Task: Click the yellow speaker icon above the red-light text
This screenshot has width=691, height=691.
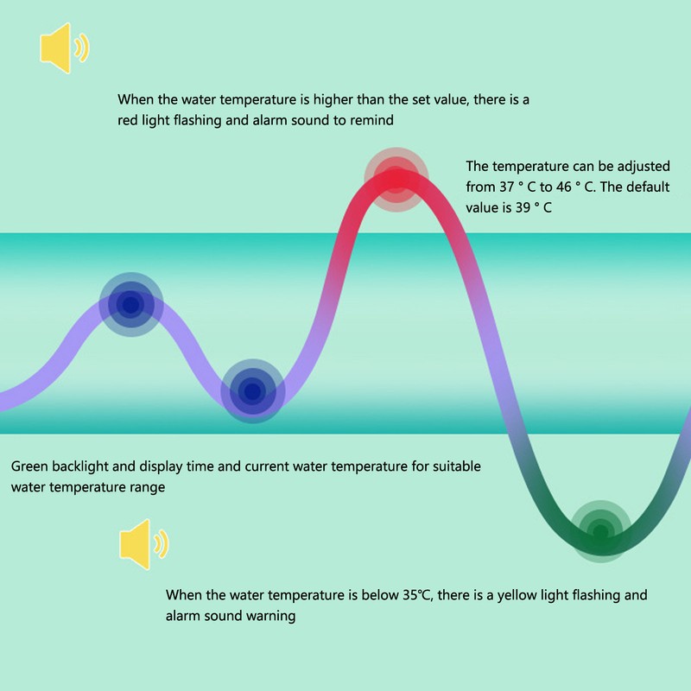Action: [x=64, y=48]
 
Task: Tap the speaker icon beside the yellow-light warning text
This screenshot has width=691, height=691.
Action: [x=143, y=544]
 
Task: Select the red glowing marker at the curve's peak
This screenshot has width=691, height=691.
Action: [x=396, y=180]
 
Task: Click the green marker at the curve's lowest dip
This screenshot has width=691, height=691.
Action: [x=600, y=531]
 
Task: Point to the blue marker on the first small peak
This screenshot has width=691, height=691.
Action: [x=131, y=305]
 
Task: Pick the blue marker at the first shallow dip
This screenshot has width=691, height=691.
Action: [x=252, y=391]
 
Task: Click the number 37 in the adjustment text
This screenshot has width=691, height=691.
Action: [x=507, y=187]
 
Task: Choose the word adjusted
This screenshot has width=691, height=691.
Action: [x=643, y=167]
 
